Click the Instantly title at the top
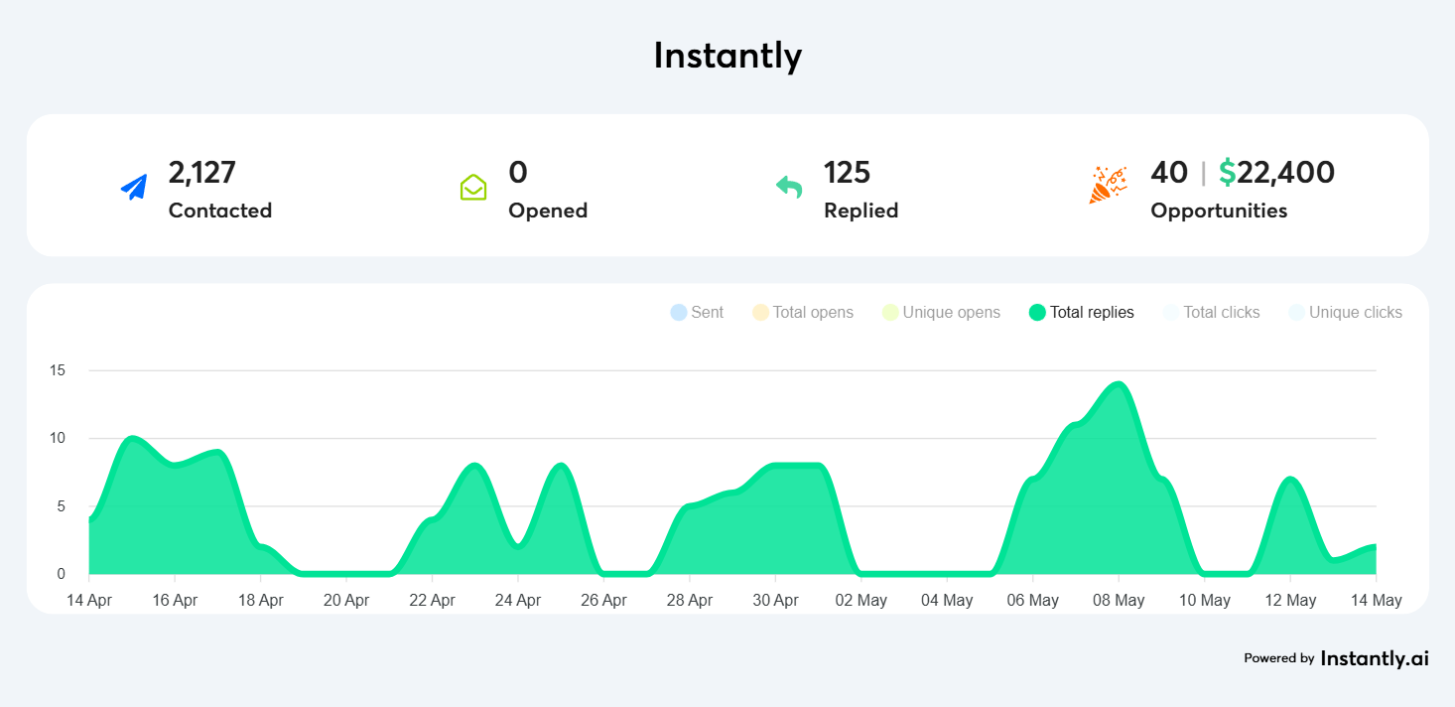[727, 56]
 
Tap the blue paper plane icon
[134, 187]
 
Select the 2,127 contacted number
[202, 173]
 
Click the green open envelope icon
[473, 187]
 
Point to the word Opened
[548, 211]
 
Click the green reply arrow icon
[789, 187]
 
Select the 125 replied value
[847, 173]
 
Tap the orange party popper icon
[1108, 186]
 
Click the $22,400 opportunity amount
[1276, 173]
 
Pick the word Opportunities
[1219, 211]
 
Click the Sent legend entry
[697, 313]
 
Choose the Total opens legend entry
[803, 313]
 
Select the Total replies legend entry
[1082, 313]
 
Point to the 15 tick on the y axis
[58, 370]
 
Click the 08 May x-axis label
[1119, 601]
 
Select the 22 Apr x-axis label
[432, 601]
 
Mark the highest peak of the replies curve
[1119, 384]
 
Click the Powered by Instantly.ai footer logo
[1336, 657]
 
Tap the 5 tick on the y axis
[62, 506]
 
